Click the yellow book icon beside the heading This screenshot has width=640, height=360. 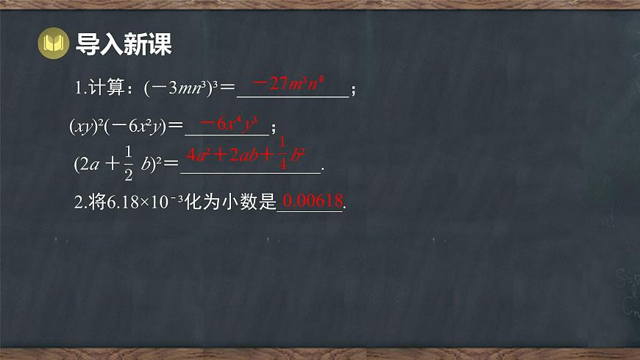click(x=52, y=44)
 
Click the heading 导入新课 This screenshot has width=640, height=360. click(x=124, y=44)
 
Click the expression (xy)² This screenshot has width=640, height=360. click(x=85, y=127)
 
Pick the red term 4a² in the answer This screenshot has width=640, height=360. click(x=199, y=155)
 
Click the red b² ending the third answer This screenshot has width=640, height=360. click(x=298, y=155)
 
